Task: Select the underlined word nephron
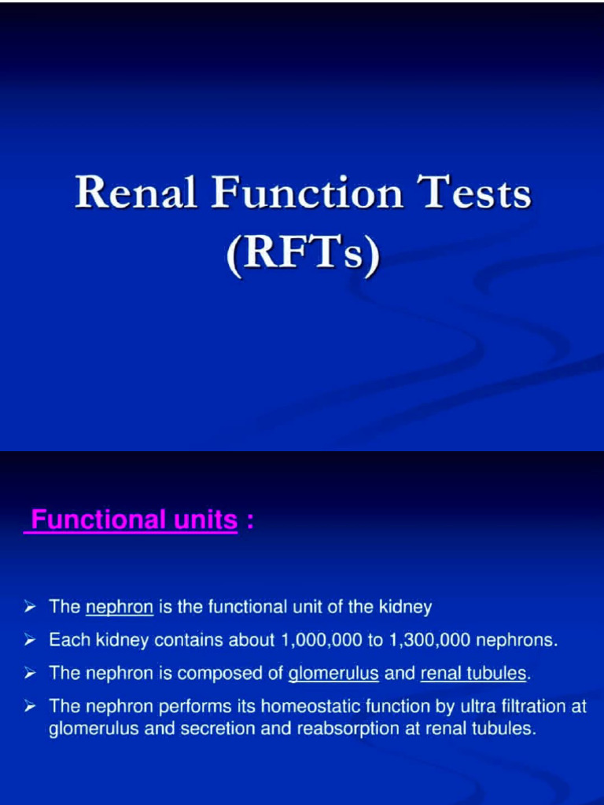click(119, 607)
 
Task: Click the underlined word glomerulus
click(333, 674)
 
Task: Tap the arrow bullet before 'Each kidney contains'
click(29, 640)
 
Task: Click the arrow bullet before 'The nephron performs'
click(29, 707)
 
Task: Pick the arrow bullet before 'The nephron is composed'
click(29, 674)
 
